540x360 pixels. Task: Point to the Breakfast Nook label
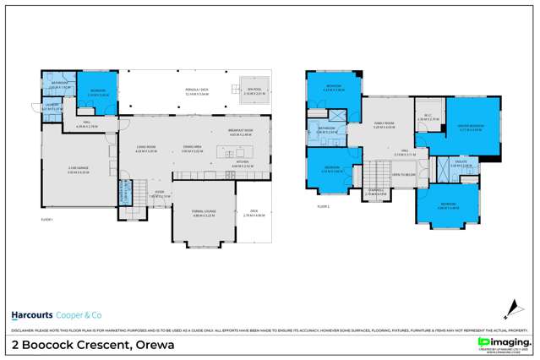(242, 131)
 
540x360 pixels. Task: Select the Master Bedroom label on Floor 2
(470, 128)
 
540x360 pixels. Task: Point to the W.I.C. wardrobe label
(425, 117)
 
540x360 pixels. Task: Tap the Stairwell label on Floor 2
(377, 191)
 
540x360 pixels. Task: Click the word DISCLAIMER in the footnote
(21, 329)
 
